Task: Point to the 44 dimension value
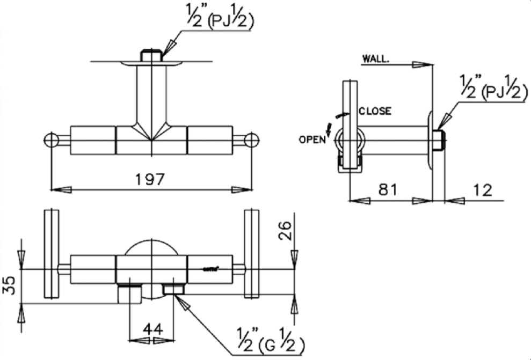[152, 328]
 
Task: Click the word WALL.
[376, 58]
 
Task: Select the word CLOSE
[375, 112]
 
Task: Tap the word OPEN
[312, 139]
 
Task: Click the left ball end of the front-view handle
[50, 140]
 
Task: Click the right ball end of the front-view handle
[252, 140]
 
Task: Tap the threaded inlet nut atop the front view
[151, 56]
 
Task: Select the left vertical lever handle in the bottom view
[51, 253]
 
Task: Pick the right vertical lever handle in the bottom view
[251, 253]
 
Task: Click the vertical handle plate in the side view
[350, 126]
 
